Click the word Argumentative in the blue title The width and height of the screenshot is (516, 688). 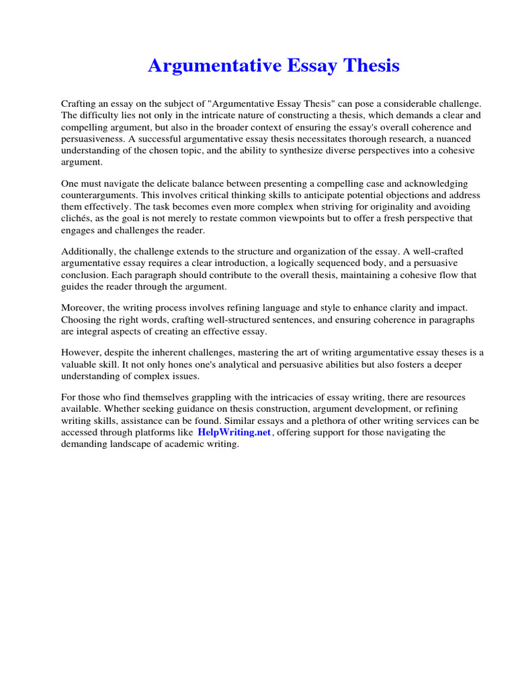coord(211,66)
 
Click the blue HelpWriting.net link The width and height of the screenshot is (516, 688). coord(234,433)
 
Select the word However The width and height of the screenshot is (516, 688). coord(81,353)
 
